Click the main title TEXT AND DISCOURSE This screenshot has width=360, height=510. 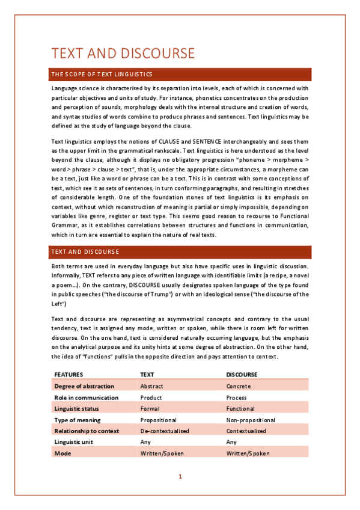tap(123, 53)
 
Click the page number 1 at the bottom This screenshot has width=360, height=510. tap(180, 477)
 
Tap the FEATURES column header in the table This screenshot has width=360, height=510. tap(69, 374)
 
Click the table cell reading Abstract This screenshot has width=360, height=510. tap(151, 386)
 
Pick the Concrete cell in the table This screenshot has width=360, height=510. tap(239, 386)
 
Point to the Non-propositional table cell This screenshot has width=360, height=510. tap(251, 420)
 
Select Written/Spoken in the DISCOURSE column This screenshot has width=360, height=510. tap(248, 453)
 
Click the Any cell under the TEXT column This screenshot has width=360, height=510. tap(145, 442)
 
